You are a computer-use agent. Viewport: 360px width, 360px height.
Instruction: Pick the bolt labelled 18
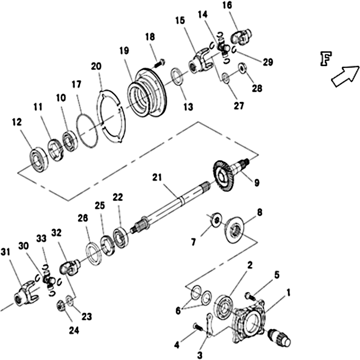(x=158, y=63)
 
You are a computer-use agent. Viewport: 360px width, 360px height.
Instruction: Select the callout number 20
(x=96, y=66)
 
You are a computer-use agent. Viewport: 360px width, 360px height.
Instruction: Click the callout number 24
(x=74, y=331)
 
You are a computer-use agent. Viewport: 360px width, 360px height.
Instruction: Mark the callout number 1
(x=288, y=293)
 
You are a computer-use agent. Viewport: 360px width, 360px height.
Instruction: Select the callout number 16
(x=227, y=5)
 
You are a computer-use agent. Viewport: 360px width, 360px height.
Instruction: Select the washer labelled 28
(x=241, y=68)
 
